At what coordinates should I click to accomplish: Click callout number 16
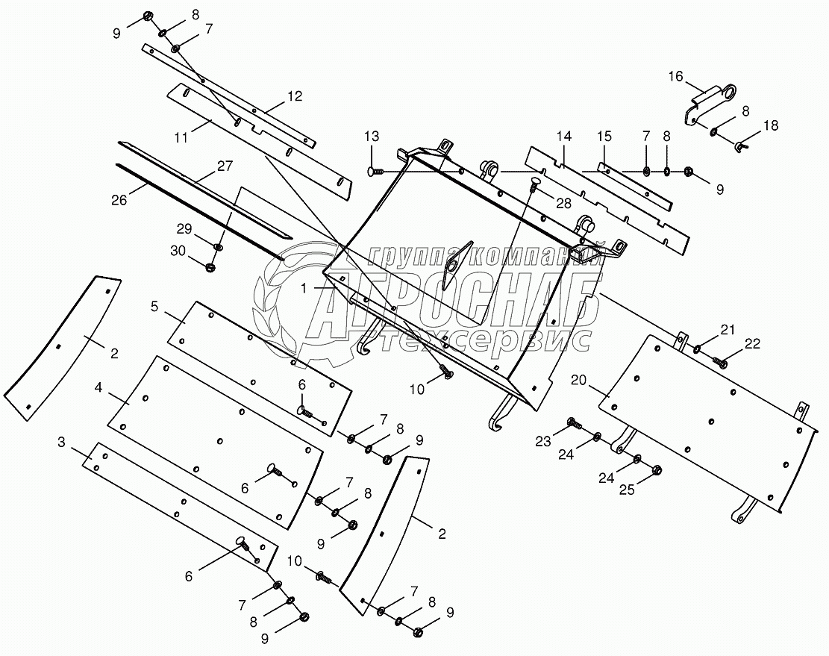675,76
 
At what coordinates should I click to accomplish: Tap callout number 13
372,136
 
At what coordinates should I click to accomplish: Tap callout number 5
154,305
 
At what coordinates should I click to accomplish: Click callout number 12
295,96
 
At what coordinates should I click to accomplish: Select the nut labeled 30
210,267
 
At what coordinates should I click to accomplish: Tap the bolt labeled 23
574,424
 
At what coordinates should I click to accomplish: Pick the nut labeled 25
658,470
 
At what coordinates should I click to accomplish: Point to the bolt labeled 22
721,363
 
